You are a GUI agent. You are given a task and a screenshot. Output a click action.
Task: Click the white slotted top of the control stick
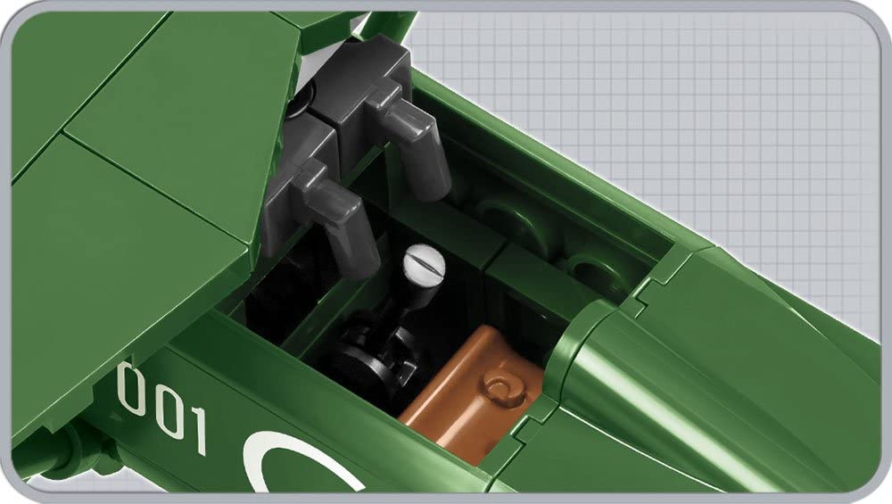point(424,262)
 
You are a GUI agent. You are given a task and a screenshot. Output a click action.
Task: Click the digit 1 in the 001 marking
point(197,430)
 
